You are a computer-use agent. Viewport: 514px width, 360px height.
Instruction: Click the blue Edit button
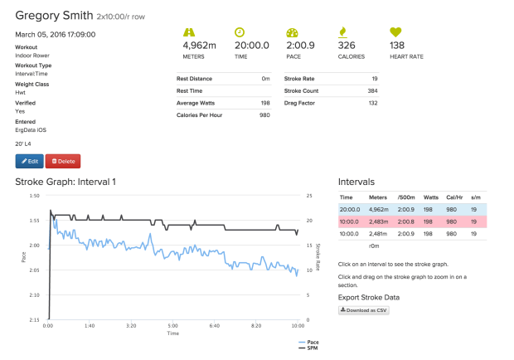pos(29,161)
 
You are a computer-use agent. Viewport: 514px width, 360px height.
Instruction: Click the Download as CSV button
pos(363,309)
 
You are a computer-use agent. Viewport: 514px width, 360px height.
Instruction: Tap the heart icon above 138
pos(397,32)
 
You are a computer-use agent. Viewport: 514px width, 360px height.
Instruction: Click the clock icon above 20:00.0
pos(240,32)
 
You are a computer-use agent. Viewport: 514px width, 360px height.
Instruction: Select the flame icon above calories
pos(342,32)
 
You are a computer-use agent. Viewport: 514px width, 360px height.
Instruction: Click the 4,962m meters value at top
pos(199,46)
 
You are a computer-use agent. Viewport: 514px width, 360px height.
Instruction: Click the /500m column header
pos(406,197)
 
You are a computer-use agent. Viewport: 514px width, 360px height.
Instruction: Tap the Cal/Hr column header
pos(454,197)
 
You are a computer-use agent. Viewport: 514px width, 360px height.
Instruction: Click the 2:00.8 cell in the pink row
pos(406,222)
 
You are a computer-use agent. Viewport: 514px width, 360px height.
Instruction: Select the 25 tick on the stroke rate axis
pos(309,196)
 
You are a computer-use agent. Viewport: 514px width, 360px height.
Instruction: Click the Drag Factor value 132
pos(373,103)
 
